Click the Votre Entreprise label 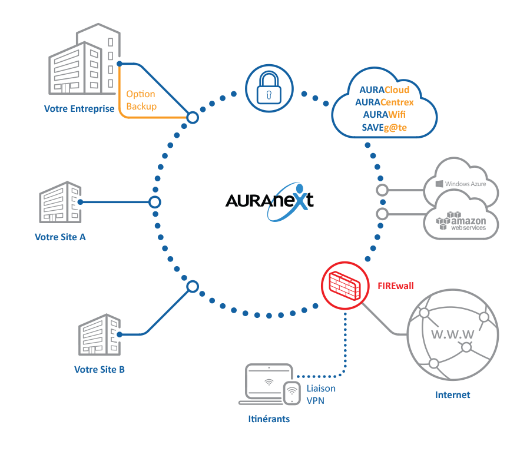click(x=79, y=109)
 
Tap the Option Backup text click(x=141, y=100)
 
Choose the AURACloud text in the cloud click(x=384, y=90)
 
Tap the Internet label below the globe click(x=452, y=395)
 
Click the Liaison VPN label click(x=321, y=394)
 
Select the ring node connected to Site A click(x=154, y=203)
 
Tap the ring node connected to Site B click(x=192, y=287)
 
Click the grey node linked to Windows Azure click(x=382, y=190)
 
